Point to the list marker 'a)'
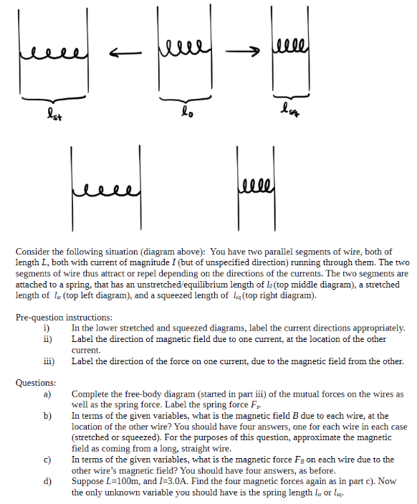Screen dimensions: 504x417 tap(47, 394)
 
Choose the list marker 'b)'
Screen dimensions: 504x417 tap(47, 415)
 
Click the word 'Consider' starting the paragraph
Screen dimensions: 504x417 tap(32, 252)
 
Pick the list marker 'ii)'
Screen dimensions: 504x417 tap(47, 339)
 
